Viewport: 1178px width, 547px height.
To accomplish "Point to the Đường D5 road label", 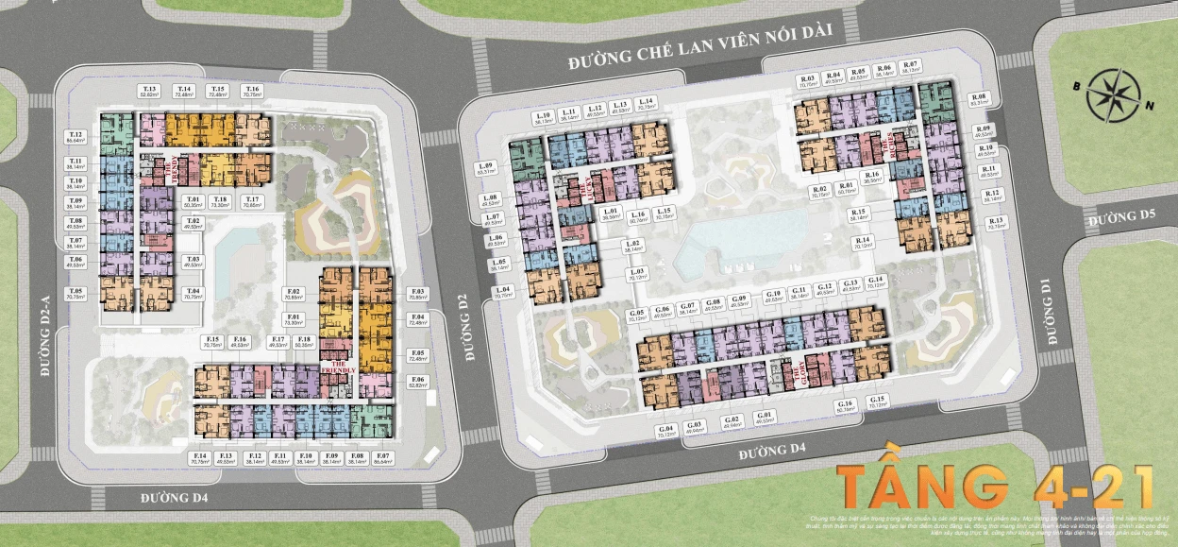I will click(1120, 219).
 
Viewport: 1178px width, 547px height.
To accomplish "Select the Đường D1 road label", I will click(1046, 312).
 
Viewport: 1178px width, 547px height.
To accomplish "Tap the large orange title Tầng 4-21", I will click(996, 485).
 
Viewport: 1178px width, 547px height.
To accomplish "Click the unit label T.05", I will click(76, 293).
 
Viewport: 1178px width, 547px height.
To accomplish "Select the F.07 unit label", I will click(382, 459).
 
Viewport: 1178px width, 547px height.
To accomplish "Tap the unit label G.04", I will click(666, 430).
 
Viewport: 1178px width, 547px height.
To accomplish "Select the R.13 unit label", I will click(996, 223).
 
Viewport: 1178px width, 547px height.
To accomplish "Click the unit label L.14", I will click(647, 104).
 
